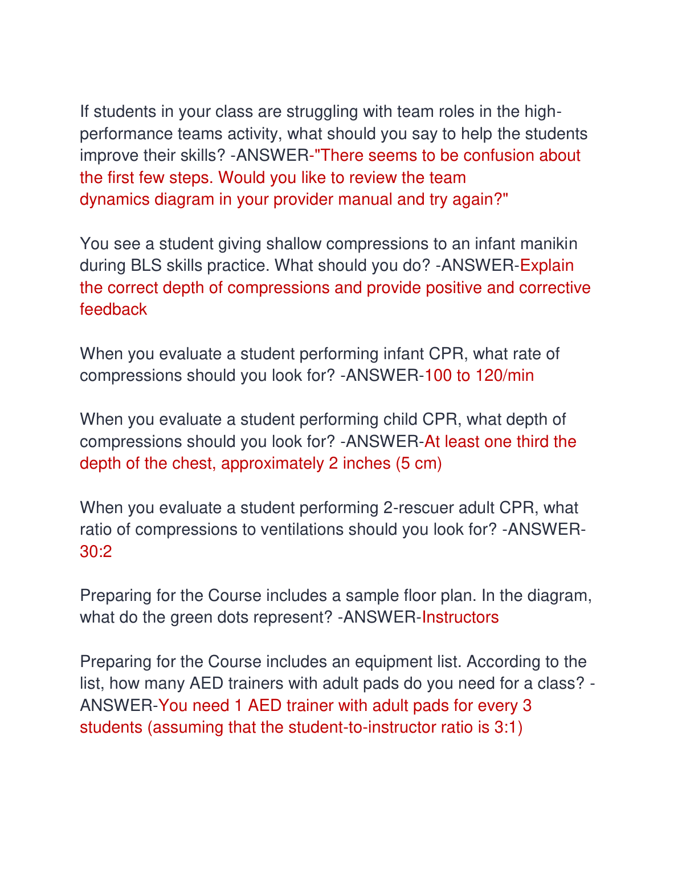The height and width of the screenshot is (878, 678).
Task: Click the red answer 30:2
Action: [x=96, y=551]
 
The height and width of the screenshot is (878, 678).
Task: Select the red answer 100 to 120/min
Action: [x=479, y=376]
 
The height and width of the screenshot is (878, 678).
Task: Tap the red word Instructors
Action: [x=460, y=617]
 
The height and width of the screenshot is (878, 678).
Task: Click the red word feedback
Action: [x=113, y=310]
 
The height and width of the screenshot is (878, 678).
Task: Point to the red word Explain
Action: [x=547, y=266]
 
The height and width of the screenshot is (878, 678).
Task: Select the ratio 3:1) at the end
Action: [x=508, y=727]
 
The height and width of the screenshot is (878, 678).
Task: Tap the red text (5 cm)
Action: [x=419, y=464]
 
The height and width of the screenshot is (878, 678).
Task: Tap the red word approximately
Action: [x=272, y=464]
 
